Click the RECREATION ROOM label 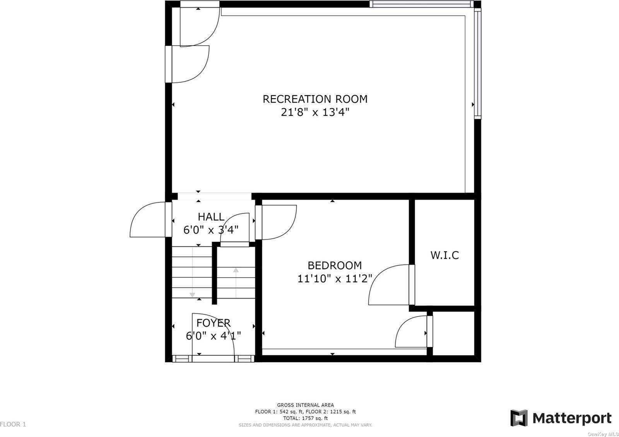315,99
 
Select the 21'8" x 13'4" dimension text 315,112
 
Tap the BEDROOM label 335,265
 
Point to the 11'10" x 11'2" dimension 335,278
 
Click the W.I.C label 445,255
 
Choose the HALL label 211,217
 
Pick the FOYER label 213,323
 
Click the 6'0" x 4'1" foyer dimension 213,336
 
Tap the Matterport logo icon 519,418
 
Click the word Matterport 572,418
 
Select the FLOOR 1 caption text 13,424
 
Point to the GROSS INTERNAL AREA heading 305,405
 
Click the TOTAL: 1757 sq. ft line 305,418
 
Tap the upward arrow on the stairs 236,282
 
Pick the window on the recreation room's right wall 477,63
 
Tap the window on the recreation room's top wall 422,4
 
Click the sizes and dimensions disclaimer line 305,425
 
